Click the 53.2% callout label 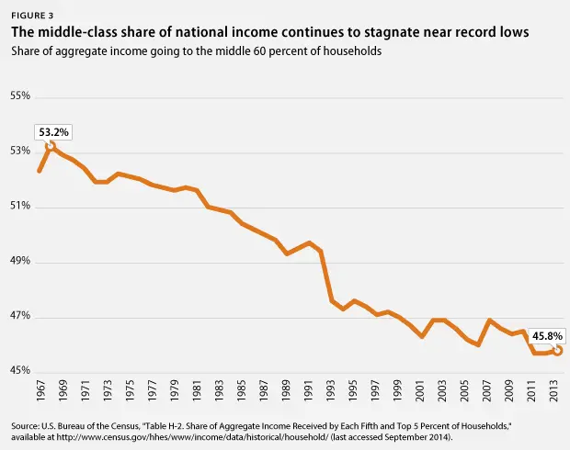click(52, 130)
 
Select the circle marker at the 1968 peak click(51, 145)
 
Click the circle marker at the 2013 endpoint click(557, 350)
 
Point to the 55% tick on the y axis click(21, 96)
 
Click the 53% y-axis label click(21, 152)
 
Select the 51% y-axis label click(21, 207)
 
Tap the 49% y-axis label click(21, 262)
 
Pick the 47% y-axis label click(21, 317)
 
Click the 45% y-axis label click(21, 372)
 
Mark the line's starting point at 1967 click(40, 171)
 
